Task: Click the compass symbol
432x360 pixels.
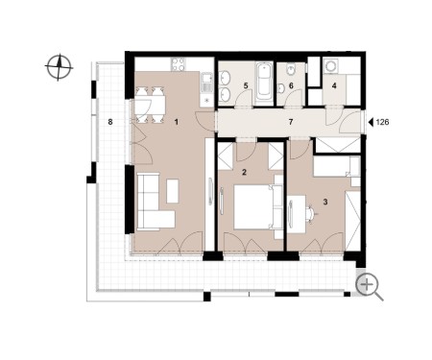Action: point(59,68)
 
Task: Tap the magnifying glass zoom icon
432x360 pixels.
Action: point(369,286)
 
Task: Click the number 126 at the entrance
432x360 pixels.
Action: point(382,122)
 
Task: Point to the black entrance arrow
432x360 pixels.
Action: point(371,122)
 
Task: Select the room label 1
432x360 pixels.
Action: point(176,122)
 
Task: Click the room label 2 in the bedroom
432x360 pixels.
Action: point(244,173)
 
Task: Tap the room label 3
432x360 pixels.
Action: point(325,202)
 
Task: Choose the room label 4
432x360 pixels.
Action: point(334,85)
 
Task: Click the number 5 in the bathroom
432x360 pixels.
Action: point(246,85)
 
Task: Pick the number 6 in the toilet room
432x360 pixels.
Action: point(291,85)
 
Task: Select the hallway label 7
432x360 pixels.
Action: point(291,122)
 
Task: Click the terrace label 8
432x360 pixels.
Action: point(110,122)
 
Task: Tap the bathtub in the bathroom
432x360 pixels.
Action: point(264,82)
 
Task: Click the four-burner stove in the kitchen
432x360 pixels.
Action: point(179,64)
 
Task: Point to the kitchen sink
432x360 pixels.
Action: point(206,78)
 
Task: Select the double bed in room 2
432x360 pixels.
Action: point(258,206)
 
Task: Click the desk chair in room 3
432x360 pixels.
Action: point(311,213)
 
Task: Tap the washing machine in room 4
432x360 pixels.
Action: point(330,66)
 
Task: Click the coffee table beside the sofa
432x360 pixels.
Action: point(173,191)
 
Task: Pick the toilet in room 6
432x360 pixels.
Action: point(291,69)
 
